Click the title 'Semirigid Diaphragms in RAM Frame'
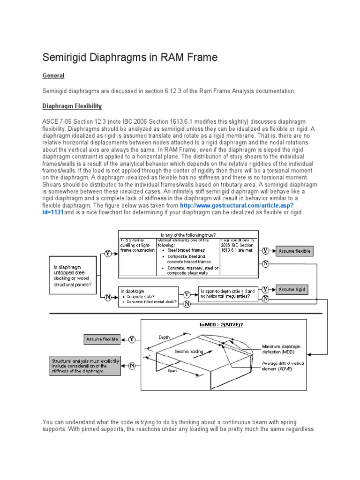(130, 58)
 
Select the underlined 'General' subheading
(53, 75)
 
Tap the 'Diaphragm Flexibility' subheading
(72, 106)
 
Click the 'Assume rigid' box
(292, 290)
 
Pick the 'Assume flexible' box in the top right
(294, 251)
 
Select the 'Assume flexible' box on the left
(102, 339)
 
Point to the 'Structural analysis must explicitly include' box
(85, 366)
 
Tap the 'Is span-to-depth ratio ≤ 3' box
(227, 294)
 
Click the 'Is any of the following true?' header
(187, 234)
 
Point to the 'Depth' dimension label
(165, 337)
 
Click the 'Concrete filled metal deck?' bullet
(152, 301)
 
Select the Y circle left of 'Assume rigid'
(265, 289)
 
